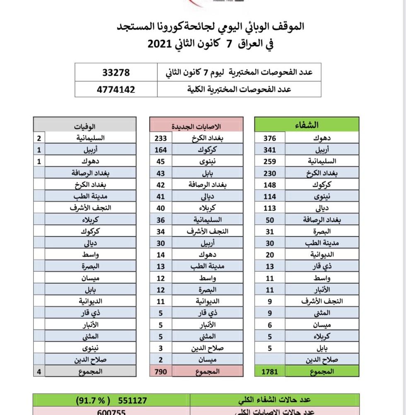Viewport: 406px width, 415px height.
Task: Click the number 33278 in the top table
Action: pos(116,72)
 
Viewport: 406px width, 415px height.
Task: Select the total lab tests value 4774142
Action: pos(116,89)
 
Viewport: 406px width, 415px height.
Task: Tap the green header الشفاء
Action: pos(307,125)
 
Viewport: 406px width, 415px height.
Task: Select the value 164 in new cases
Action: pos(161,150)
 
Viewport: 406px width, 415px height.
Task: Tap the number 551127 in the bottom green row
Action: pos(133,400)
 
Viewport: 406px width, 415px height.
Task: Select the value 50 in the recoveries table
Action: pos(270,220)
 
